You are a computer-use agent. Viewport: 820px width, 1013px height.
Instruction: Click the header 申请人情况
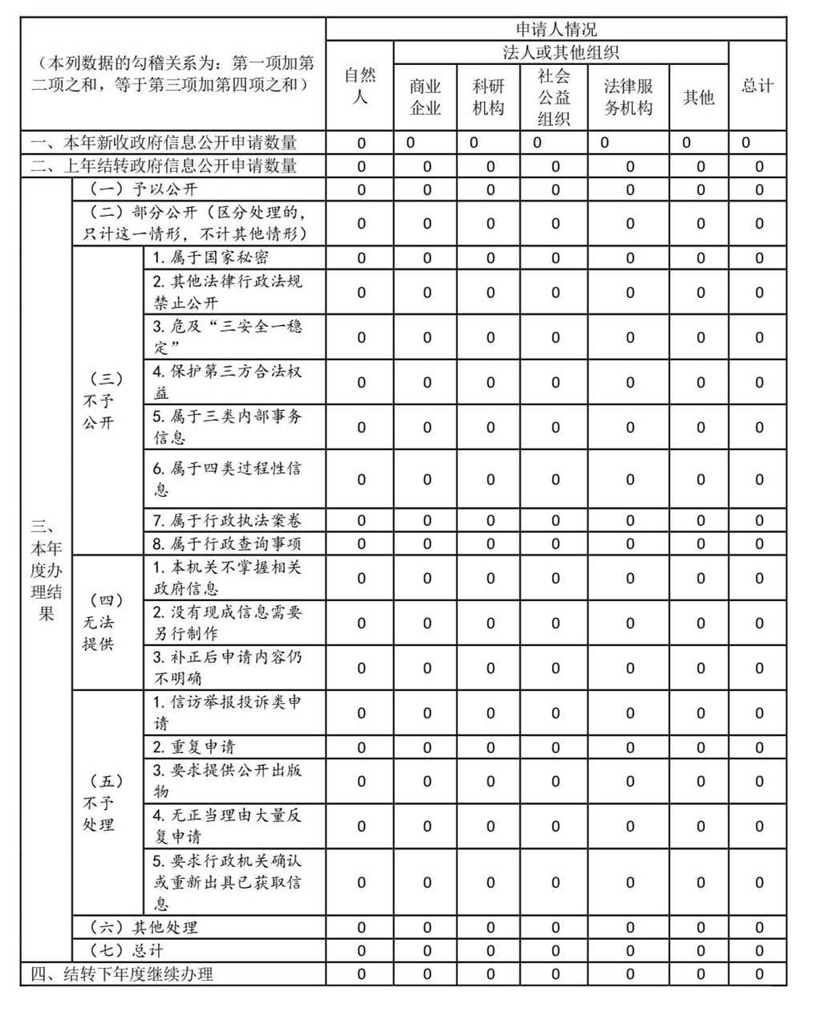(x=555, y=31)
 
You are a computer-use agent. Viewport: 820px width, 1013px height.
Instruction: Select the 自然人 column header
(x=360, y=86)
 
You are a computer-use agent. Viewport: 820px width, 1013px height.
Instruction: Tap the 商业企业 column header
(x=425, y=97)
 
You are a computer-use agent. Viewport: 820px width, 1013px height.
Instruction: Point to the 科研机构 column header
(x=489, y=97)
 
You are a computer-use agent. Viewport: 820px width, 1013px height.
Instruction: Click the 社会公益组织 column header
(x=554, y=97)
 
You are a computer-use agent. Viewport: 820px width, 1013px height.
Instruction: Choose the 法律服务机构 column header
(x=628, y=97)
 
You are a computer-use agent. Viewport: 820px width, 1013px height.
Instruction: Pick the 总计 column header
(x=757, y=86)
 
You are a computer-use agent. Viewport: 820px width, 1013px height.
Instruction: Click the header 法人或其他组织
(x=560, y=53)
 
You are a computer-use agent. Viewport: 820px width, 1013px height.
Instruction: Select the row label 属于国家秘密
(x=211, y=258)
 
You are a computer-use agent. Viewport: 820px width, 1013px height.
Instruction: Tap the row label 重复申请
(x=195, y=747)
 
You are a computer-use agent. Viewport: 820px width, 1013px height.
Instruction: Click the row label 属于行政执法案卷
(x=227, y=520)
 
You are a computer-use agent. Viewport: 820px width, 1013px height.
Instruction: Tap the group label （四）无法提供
(x=99, y=622)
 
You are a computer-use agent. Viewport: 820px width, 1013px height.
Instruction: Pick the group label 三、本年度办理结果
(x=46, y=571)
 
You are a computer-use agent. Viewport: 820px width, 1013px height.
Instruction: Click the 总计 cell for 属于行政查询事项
(x=759, y=543)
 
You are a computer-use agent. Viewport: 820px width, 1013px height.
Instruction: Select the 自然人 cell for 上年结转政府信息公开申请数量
(x=361, y=167)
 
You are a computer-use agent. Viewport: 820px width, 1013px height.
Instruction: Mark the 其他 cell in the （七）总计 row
(x=700, y=951)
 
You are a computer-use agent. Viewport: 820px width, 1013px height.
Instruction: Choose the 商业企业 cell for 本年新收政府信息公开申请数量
(x=411, y=143)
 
